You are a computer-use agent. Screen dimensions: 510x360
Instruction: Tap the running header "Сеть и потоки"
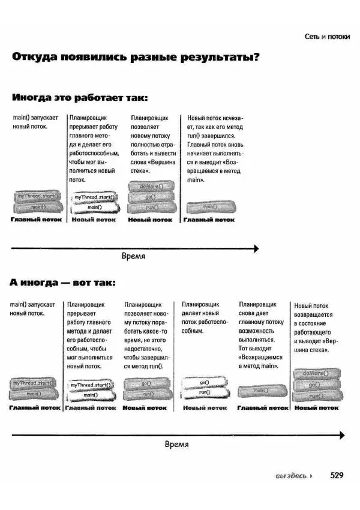(x=326, y=37)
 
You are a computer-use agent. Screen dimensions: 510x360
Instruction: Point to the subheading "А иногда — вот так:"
(x=62, y=282)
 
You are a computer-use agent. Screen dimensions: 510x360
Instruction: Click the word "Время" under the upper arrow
(x=133, y=256)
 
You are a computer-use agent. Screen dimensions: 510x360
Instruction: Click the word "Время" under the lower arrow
(x=176, y=445)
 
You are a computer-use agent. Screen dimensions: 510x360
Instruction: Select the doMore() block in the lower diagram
(x=316, y=373)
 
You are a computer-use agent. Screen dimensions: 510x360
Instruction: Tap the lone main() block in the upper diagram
(x=208, y=207)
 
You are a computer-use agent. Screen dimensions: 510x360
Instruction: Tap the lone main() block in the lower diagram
(x=260, y=391)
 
